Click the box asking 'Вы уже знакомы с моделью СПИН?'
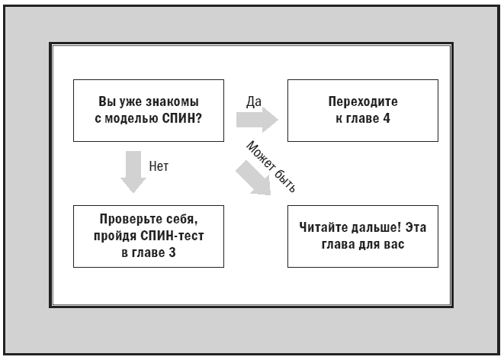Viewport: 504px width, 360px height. (149, 110)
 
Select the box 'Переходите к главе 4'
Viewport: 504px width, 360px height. (362, 110)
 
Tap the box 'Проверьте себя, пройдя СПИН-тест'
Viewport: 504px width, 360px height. (149, 236)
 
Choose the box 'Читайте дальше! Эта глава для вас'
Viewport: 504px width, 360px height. (362, 236)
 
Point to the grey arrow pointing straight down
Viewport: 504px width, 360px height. (133, 172)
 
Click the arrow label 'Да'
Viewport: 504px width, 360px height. (255, 101)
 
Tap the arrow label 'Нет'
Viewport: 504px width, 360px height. (159, 165)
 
